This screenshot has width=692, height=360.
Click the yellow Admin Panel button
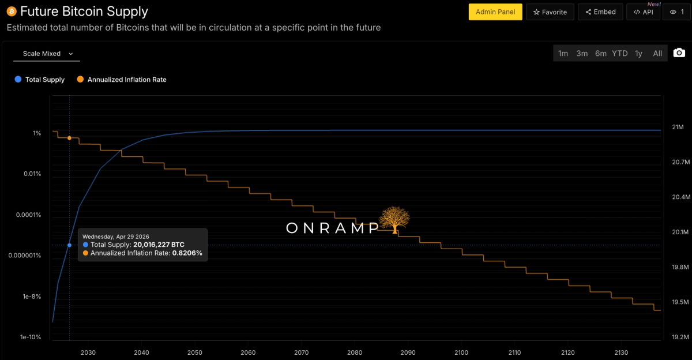[x=495, y=12]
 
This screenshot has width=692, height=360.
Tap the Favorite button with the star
[x=550, y=12]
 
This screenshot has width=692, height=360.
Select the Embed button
[x=600, y=12]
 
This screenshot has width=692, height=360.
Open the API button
[x=644, y=12]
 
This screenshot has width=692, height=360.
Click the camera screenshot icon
[x=679, y=53]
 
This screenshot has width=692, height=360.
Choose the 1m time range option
[x=563, y=54]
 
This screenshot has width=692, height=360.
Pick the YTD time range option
[x=620, y=54]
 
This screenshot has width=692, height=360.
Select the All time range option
[x=657, y=54]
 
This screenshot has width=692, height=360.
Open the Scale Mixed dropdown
[x=47, y=54]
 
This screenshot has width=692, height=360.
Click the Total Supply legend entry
[x=40, y=80]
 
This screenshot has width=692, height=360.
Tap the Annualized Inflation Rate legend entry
[x=122, y=80]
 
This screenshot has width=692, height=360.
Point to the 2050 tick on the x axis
[x=195, y=352]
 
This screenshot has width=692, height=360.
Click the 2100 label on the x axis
[x=461, y=352]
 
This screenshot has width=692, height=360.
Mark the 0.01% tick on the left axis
[x=32, y=174]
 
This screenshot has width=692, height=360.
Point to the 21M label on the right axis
[x=678, y=127]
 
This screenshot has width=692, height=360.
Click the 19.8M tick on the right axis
[x=680, y=267]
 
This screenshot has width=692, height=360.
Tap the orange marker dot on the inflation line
[x=70, y=138]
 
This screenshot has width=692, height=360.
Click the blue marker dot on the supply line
[x=70, y=245]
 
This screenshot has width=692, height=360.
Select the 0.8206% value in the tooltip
[x=187, y=253]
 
